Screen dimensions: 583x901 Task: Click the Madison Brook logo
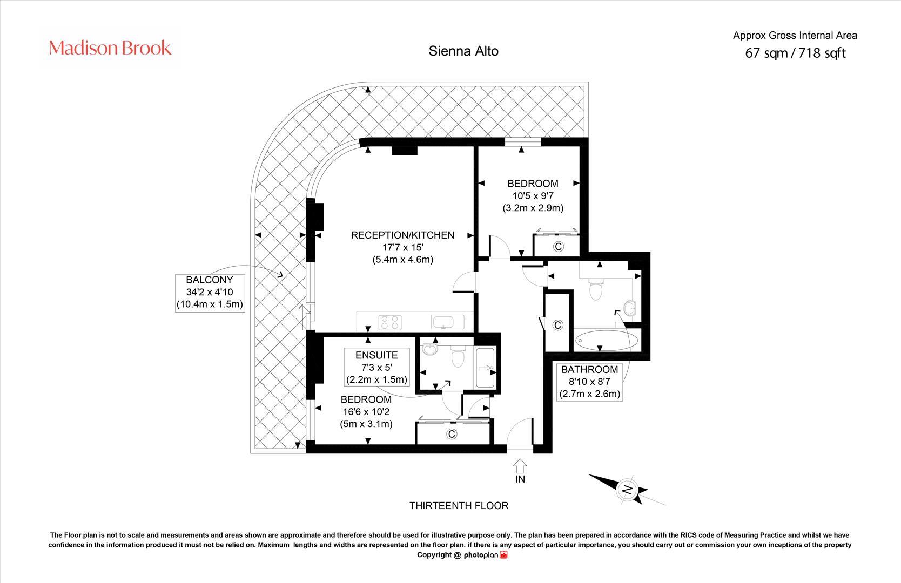[x=110, y=48]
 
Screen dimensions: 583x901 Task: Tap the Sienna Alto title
[x=463, y=51]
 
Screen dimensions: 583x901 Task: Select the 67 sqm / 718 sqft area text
[x=795, y=53]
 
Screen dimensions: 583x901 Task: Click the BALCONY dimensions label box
[x=210, y=292]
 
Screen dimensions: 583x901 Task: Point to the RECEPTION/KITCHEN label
[x=402, y=235]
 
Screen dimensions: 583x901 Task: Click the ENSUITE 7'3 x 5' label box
[x=376, y=367]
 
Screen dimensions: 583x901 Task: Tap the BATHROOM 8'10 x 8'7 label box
[x=589, y=382]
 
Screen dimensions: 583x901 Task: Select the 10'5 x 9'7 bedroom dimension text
[x=532, y=196]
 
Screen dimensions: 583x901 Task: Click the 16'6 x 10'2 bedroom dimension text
[x=366, y=412]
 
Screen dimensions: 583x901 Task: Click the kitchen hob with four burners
[x=389, y=322]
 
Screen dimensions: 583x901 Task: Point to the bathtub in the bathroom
[x=607, y=341]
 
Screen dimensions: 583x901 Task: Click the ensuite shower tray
[x=485, y=368]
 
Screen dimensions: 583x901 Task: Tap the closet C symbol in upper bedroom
[x=559, y=247]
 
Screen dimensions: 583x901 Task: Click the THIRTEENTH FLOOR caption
[x=459, y=506]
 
